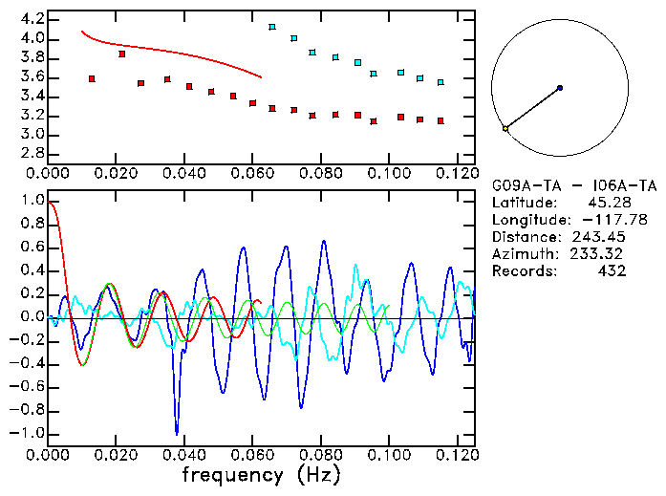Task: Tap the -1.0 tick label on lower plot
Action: (x=27, y=433)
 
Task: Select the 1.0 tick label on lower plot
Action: (x=31, y=202)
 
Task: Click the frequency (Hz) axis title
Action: (x=260, y=475)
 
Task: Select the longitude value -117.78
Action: (x=598, y=220)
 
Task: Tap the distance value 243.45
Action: (x=598, y=237)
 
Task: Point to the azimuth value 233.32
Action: (x=598, y=254)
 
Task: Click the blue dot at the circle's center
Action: (x=560, y=88)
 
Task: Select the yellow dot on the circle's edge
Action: (x=505, y=128)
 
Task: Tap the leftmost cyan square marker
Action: (x=272, y=28)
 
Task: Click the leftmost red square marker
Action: (x=92, y=78)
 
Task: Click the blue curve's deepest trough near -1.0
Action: (x=176, y=432)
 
